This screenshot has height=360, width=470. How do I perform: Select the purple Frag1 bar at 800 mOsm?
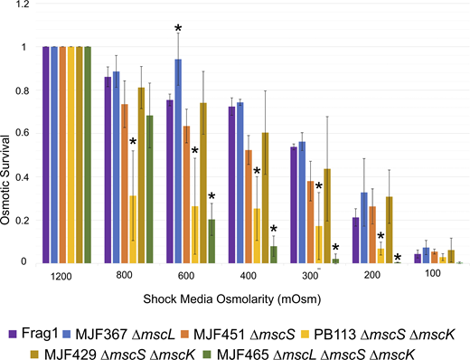[108, 171]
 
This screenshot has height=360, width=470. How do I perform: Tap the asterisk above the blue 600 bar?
[178, 31]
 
